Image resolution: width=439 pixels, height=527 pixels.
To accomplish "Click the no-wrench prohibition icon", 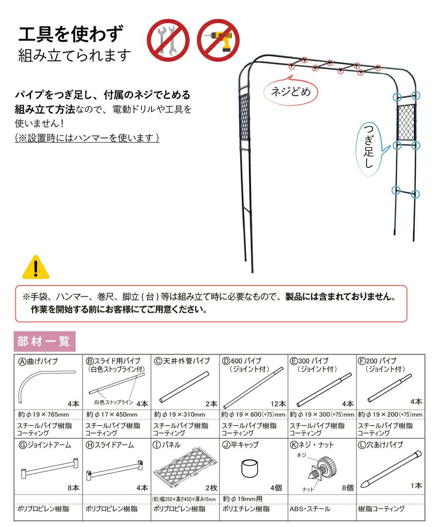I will click(167, 40).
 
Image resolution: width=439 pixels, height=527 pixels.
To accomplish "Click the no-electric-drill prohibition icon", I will click(217, 40).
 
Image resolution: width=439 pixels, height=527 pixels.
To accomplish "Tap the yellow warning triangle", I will click(36, 267).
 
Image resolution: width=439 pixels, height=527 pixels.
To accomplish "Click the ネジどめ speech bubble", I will click(290, 92).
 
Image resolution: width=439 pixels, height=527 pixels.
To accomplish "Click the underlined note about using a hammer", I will click(86, 138).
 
